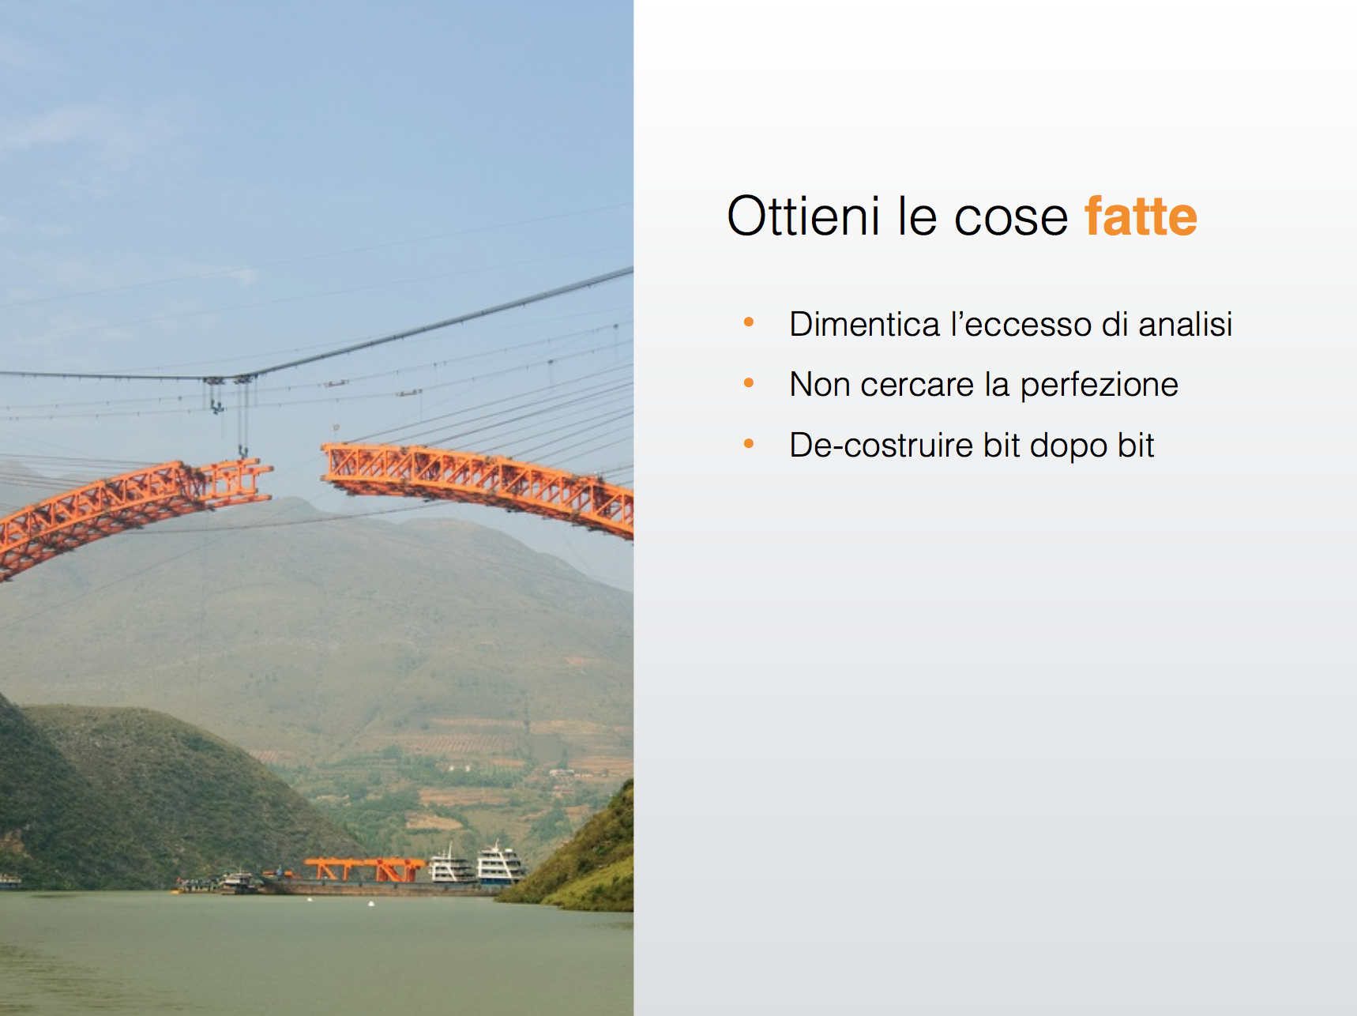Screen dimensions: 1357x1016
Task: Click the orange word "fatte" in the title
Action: [x=1141, y=216]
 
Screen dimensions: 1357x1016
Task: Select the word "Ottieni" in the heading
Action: [x=803, y=216]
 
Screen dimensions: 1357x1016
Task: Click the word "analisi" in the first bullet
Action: [x=1185, y=324]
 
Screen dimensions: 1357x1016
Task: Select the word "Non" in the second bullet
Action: [x=819, y=385]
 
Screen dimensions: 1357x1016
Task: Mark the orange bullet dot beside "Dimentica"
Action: [x=749, y=322]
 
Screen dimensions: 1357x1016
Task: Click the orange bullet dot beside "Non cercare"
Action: [x=749, y=383]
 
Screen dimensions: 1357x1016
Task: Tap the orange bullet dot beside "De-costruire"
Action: [x=749, y=444]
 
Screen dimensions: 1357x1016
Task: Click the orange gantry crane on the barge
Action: [x=365, y=869]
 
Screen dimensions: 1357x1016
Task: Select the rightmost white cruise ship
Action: [x=499, y=864]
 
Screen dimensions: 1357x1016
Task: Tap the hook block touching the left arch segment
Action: [x=242, y=453]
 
